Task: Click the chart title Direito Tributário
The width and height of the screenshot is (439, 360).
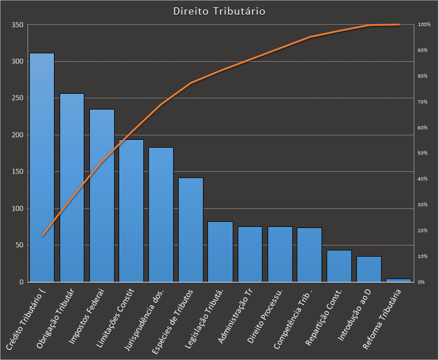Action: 219,11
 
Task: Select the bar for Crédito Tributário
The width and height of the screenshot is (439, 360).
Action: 42,168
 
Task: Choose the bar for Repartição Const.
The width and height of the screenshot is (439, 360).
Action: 339,266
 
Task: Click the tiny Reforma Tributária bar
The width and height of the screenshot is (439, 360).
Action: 399,280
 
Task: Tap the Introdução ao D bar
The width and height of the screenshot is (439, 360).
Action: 369,269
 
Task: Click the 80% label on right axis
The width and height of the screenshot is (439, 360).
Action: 422,76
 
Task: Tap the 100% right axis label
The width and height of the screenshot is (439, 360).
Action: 423,25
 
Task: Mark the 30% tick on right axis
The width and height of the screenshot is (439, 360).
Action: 422,205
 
